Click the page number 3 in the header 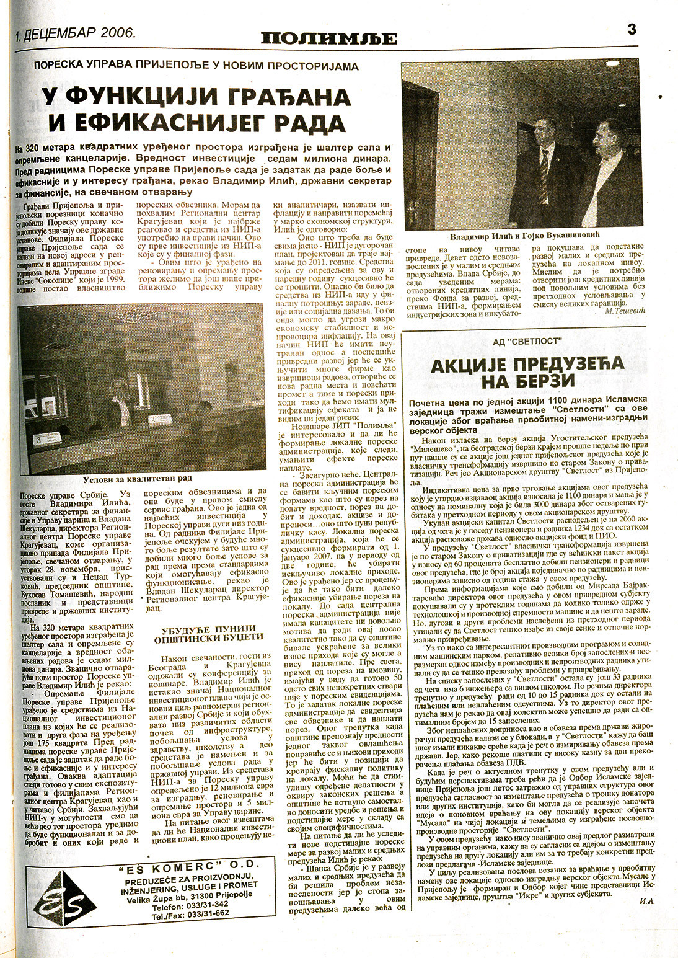coord(632,29)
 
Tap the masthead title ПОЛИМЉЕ coord(328,38)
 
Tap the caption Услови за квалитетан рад coord(137,478)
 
